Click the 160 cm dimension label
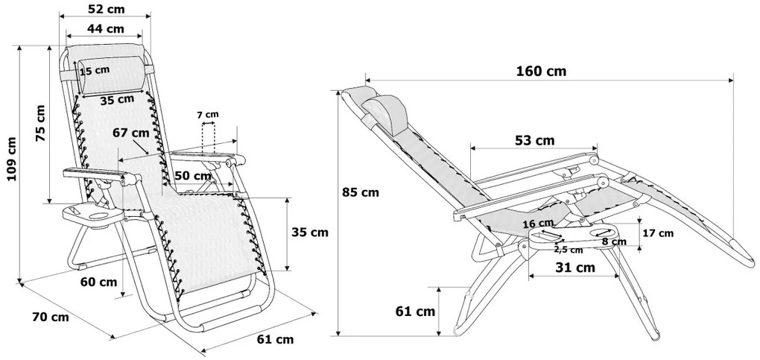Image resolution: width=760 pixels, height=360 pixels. [x=540, y=72]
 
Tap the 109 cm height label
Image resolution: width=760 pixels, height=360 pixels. [x=12, y=159]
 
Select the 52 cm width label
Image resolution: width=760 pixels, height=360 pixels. [x=106, y=9]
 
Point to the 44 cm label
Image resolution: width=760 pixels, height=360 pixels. [x=105, y=28]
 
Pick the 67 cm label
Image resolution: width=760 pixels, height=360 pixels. [x=131, y=133]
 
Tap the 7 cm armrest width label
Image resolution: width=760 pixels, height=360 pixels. [x=207, y=115]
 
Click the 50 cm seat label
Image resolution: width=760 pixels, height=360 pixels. [x=193, y=176]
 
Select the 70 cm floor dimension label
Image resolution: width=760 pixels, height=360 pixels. [x=51, y=318]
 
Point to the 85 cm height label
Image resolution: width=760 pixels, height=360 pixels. [x=360, y=192]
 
